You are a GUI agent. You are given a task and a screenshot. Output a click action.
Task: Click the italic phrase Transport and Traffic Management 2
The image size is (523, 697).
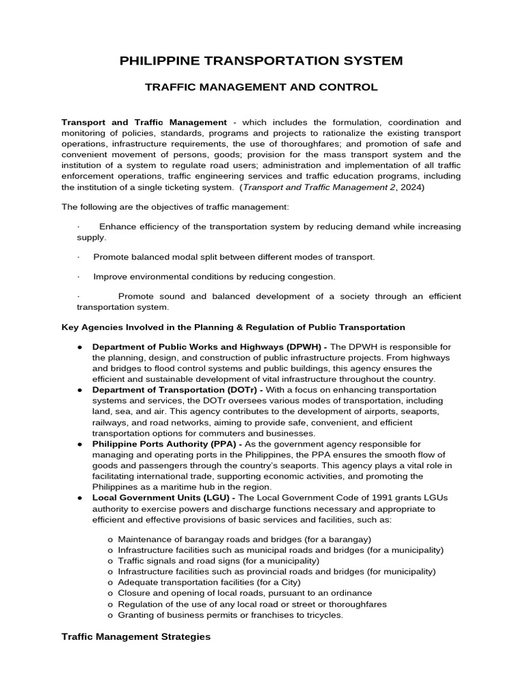coord(317,187)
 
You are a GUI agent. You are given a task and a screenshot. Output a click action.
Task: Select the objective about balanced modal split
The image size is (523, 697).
coord(234,257)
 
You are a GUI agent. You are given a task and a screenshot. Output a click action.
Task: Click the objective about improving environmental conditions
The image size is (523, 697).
coord(214,277)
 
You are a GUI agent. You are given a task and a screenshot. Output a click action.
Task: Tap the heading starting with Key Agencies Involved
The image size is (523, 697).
coord(233,327)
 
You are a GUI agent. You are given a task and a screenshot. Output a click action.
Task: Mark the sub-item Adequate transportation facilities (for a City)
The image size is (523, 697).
coord(209,582)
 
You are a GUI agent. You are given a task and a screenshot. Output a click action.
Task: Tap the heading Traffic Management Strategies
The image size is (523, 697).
coord(136,637)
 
